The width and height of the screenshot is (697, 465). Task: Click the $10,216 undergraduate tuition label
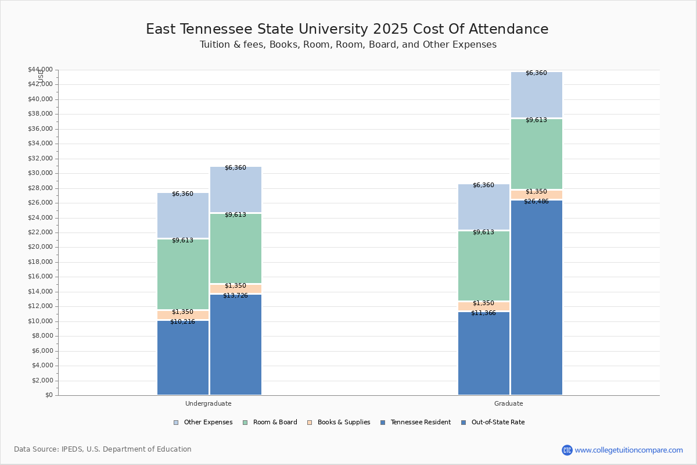click(x=182, y=321)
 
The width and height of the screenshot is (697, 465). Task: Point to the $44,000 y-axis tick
click(x=40, y=70)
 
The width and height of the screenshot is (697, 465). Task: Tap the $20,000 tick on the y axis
click(x=40, y=247)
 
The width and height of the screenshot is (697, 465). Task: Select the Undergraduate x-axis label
click(x=208, y=403)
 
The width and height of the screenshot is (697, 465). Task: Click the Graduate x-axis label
click(x=508, y=403)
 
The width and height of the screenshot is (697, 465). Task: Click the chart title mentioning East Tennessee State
click(x=347, y=29)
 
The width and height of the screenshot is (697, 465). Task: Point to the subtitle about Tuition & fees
click(x=348, y=45)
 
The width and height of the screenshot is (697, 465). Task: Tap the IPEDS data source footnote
click(x=102, y=449)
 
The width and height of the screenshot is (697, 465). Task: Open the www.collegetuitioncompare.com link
click(x=628, y=450)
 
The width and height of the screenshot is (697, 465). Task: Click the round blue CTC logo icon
click(x=567, y=450)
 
